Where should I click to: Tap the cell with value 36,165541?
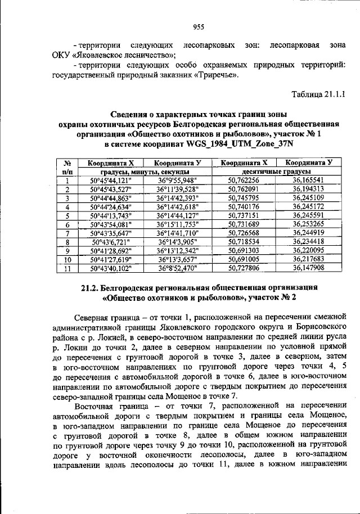pos(308,180)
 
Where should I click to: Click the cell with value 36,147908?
pos(308,268)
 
